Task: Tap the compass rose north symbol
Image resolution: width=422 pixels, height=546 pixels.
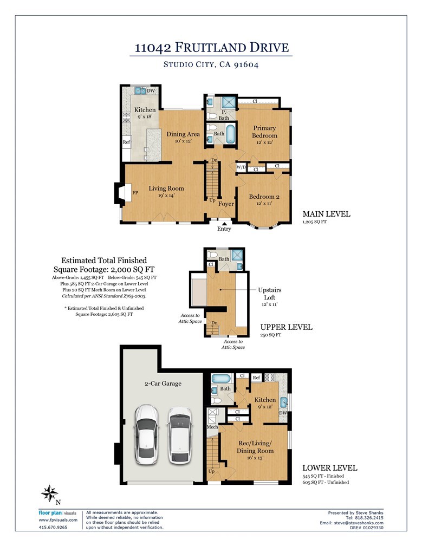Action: click(50, 493)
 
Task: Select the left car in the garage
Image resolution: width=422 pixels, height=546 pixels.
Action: click(146, 433)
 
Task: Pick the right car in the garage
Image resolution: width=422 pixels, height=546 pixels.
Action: click(179, 433)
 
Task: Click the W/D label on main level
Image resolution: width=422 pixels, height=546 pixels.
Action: click(241, 167)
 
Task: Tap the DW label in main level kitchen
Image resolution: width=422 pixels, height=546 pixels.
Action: click(151, 91)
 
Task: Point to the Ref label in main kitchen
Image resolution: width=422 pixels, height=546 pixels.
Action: click(126, 142)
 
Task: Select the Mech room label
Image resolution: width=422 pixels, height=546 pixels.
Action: click(212, 427)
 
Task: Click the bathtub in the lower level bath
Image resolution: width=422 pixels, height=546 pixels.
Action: click(220, 378)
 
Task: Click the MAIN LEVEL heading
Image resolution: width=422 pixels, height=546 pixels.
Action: click(326, 214)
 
